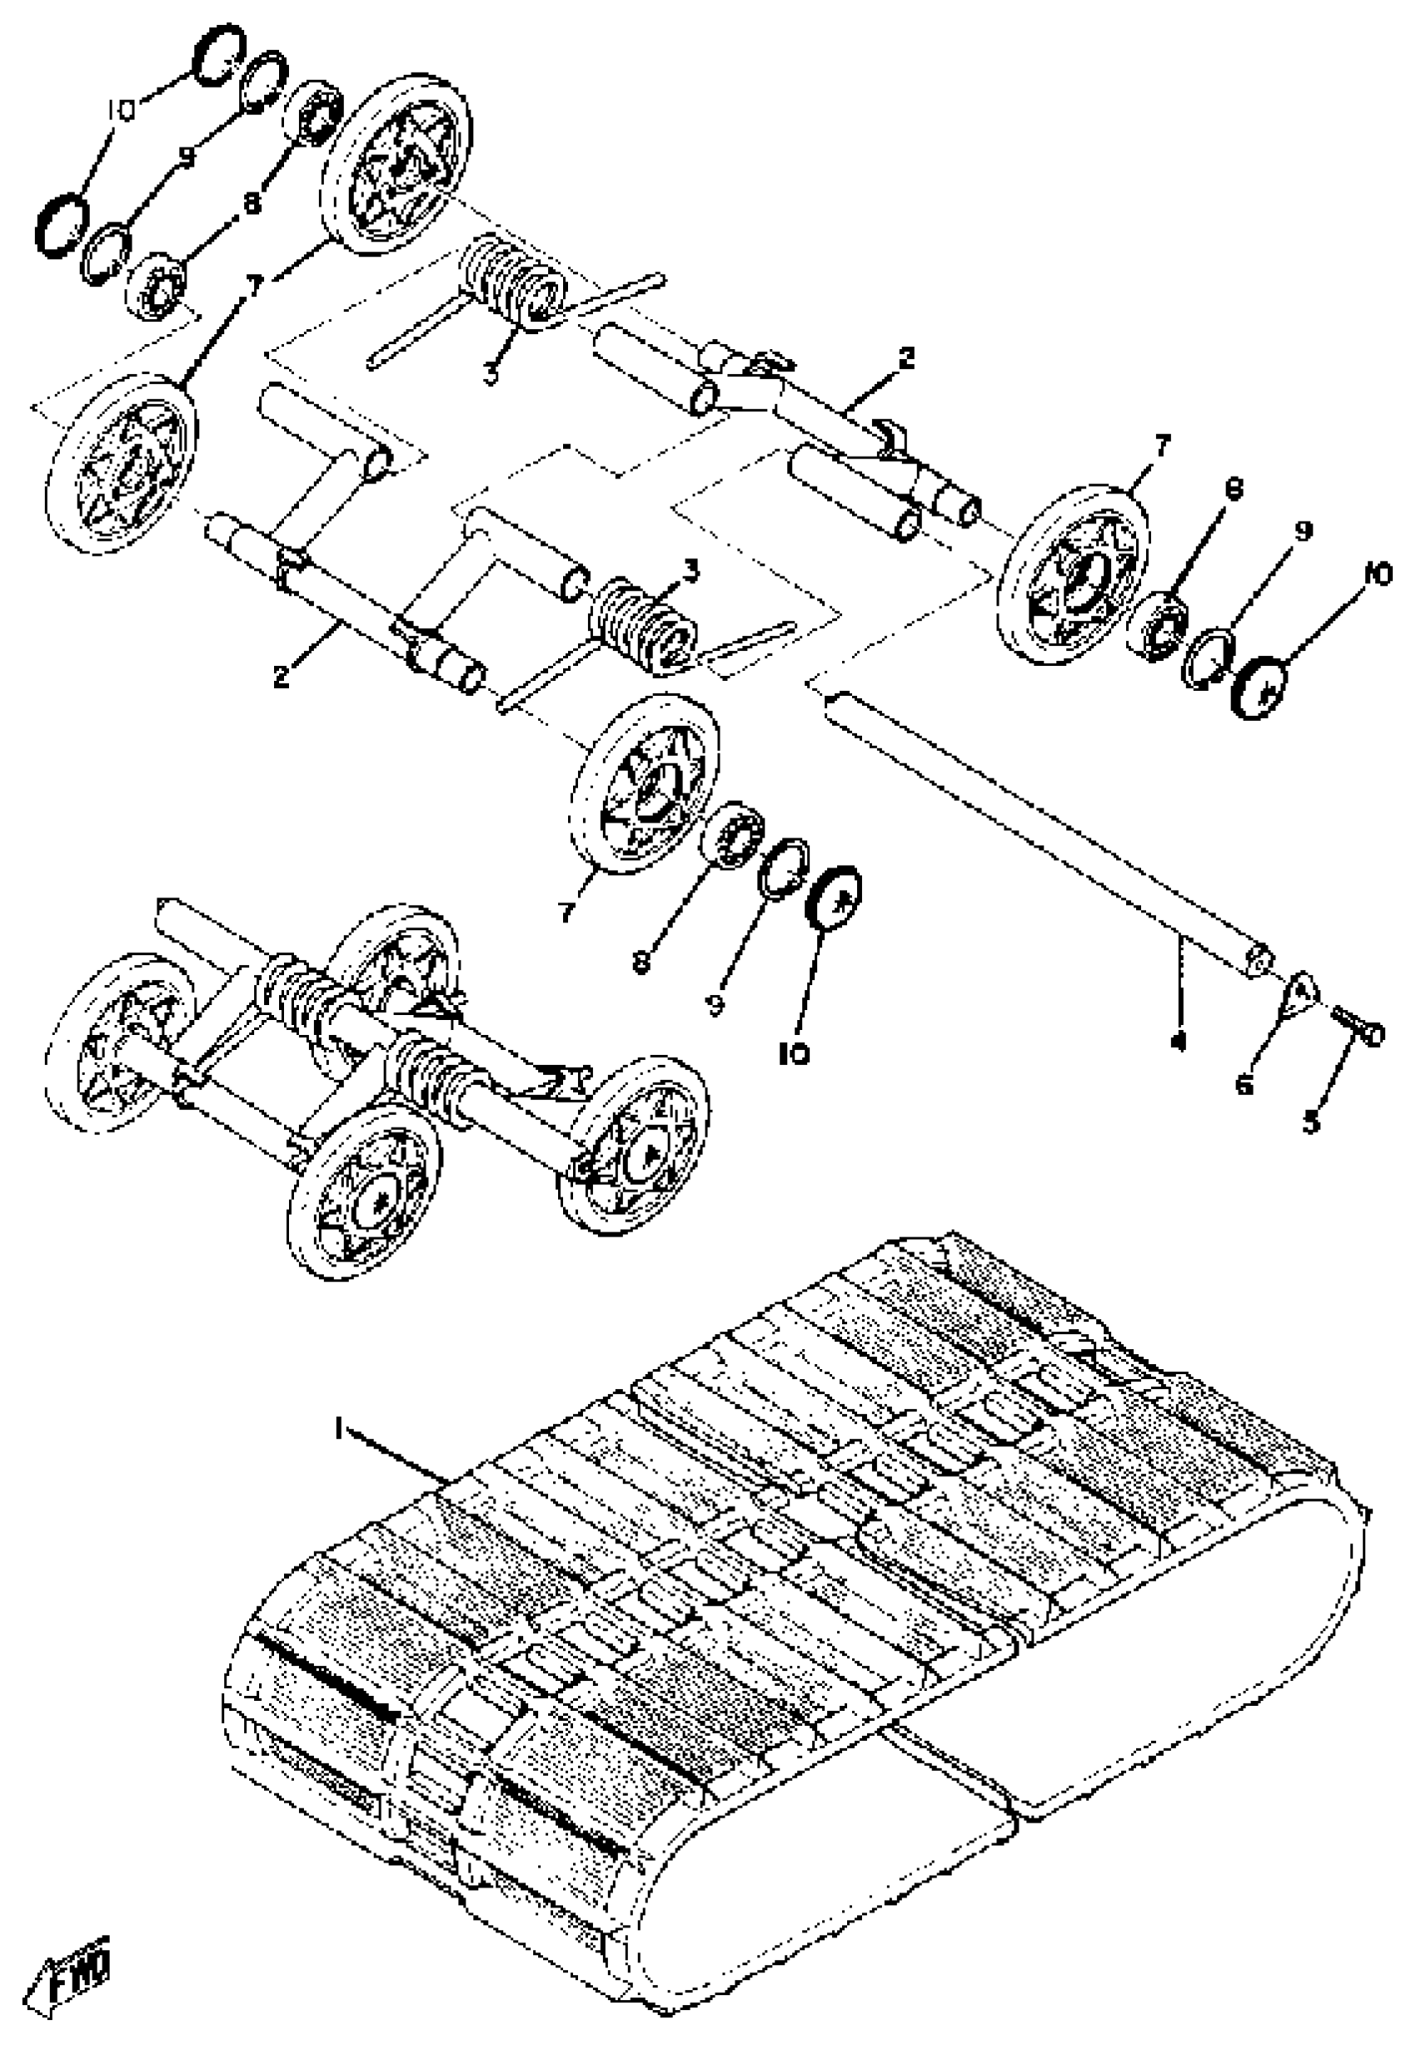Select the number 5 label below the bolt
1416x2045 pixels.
click(x=1310, y=1122)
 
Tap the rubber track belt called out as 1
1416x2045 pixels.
click(x=799, y=1642)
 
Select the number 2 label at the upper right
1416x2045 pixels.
click(x=905, y=359)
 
